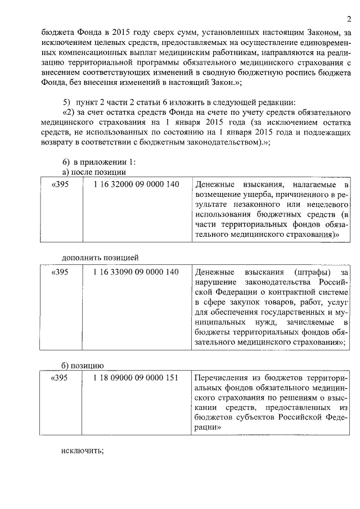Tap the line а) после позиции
pyautogui.click(x=93, y=172)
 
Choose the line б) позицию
pyautogui.click(x=82, y=364)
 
